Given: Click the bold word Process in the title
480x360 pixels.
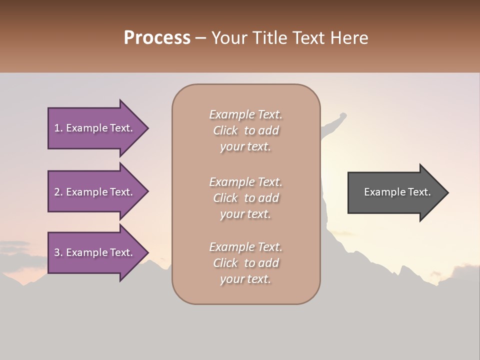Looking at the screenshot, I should pyautogui.click(x=157, y=38).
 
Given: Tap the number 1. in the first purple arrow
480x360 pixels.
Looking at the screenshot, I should pyautogui.click(x=58, y=128).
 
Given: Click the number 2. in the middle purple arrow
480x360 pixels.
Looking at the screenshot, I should pyautogui.click(x=58, y=192).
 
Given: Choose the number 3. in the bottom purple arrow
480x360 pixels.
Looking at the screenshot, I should pyautogui.click(x=58, y=252).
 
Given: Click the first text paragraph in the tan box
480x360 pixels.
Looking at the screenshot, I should pyautogui.click(x=245, y=130).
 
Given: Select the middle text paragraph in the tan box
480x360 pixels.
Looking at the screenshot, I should pyautogui.click(x=245, y=198).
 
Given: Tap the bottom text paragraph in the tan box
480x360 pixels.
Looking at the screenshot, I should pyautogui.click(x=245, y=263).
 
